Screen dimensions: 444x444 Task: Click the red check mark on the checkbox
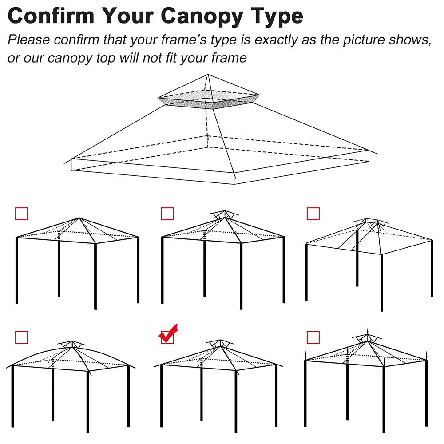168,334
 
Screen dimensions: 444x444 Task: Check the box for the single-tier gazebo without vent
21,214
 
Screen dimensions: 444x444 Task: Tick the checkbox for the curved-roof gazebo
21,337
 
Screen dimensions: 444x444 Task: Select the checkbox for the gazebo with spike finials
313,337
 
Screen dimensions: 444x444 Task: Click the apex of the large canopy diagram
208,75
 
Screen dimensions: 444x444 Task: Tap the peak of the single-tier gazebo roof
79,218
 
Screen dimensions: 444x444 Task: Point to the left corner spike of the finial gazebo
305,355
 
